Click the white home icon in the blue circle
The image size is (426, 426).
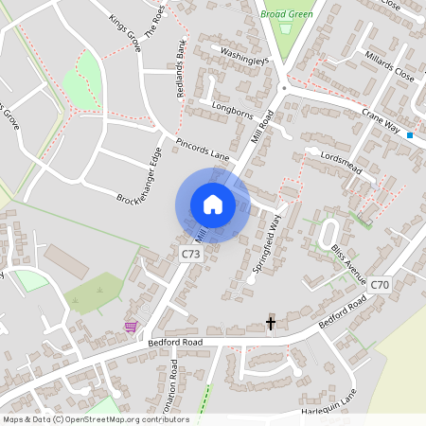click(x=213, y=204)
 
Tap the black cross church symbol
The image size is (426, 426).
click(x=271, y=324)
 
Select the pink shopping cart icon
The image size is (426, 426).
click(x=131, y=327)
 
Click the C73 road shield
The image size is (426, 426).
click(x=191, y=254)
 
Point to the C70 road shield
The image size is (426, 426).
click(x=380, y=284)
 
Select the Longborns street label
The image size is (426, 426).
click(x=235, y=110)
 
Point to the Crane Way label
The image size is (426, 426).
click(x=383, y=119)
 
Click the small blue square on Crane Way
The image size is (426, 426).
click(x=410, y=135)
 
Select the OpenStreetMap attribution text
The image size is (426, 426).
click(x=96, y=419)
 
